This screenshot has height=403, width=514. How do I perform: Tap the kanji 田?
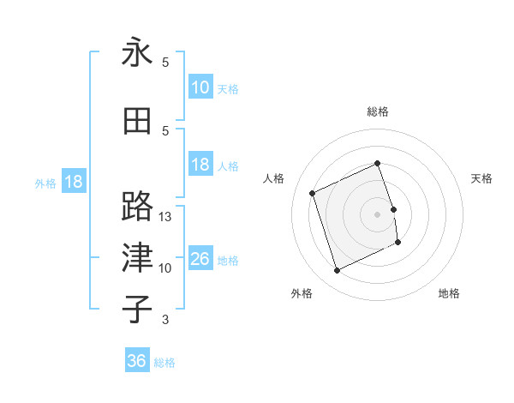point(137,121)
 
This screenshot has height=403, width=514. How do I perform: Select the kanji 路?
point(137,206)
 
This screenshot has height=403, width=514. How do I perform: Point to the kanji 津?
point(137,258)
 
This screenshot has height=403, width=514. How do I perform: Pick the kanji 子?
point(137,310)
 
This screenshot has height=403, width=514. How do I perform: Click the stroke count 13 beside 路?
point(165,217)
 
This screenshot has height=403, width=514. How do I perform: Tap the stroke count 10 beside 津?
point(165,268)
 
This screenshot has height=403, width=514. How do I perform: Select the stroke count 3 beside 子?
point(165,321)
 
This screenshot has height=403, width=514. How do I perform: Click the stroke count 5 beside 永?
point(165,63)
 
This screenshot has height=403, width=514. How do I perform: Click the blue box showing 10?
point(200,87)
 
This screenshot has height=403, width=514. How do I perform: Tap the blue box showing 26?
point(200,259)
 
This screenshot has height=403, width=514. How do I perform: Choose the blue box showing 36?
point(136,361)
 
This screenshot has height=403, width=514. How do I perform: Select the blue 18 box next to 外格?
point(72,182)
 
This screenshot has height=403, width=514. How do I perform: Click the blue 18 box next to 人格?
point(200,165)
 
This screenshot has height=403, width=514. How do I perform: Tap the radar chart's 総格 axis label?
point(378,111)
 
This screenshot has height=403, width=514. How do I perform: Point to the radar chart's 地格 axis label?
point(449,293)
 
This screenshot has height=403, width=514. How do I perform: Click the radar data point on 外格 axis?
point(337,271)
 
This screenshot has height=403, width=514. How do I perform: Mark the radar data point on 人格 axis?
point(314,193)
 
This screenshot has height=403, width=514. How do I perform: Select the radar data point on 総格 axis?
point(378,164)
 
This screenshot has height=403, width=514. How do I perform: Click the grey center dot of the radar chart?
point(378,214)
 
